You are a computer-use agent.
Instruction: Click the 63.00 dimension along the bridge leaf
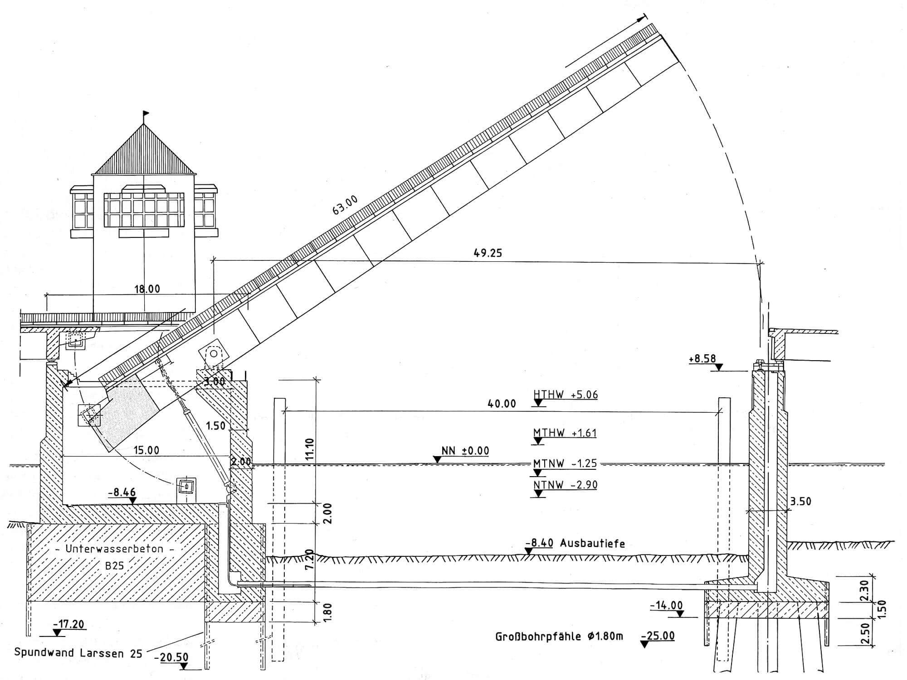(346, 204)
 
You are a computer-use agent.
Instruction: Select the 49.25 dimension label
(488, 253)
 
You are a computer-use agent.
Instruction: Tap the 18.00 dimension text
(147, 289)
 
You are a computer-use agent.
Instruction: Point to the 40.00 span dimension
(502, 403)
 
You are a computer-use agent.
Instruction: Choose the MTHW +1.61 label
(565, 433)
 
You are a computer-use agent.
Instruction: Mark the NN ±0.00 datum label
(465, 451)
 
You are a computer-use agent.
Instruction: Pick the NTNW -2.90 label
(565, 485)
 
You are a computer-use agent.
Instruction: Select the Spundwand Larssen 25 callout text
(78, 653)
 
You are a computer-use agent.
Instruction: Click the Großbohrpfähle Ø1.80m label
(559, 637)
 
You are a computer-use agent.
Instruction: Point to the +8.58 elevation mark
(702, 359)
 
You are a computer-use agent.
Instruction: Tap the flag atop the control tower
(146, 113)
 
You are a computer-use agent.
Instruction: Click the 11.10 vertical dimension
(310, 449)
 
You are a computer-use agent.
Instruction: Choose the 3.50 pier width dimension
(801, 501)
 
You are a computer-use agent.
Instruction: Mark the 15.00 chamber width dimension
(146, 450)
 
